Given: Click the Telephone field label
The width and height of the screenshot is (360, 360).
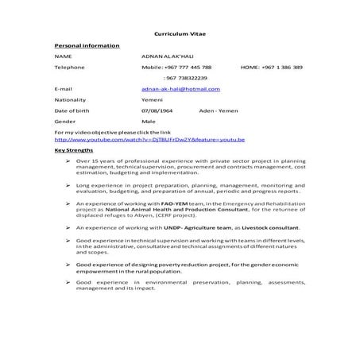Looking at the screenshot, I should tap(68, 68).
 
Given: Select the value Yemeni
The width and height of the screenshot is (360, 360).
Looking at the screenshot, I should tap(151, 101).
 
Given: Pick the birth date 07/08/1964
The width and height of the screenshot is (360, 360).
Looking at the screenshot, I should tap(157, 112).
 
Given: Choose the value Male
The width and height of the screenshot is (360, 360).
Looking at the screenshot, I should tap(148, 122).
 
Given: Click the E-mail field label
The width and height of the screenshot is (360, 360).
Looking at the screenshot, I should tap(64, 90).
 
